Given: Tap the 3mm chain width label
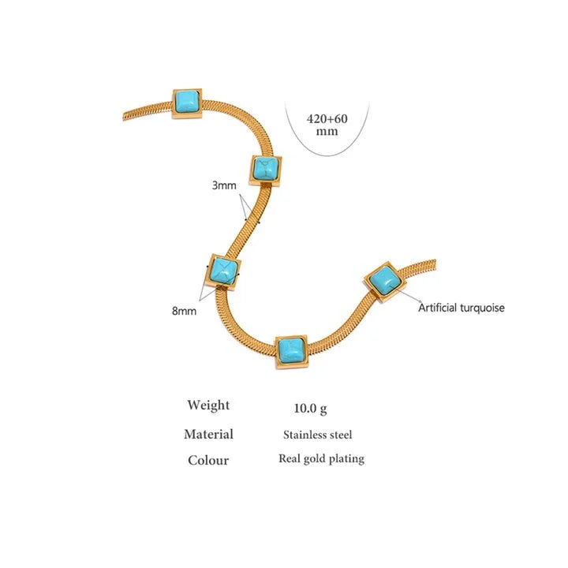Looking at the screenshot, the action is [x=224, y=185].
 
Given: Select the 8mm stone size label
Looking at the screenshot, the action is [x=184, y=311].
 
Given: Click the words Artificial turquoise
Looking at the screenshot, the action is [x=461, y=308].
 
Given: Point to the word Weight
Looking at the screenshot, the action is [x=208, y=405].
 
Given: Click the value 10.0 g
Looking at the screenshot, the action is [x=310, y=409].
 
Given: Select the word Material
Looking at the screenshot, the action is [x=208, y=434].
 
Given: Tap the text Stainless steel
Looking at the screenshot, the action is [x=317, y=435].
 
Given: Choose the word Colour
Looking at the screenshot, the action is [x=208, y=460].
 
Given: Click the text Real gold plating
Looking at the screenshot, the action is [x=321, y=458].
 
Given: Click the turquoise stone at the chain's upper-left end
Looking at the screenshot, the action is [x=187, y=103].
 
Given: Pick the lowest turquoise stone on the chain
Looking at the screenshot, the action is [x=292, y=350].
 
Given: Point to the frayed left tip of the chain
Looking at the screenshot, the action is [x=125, y=117].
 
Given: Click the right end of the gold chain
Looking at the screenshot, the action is [x=435, y=266].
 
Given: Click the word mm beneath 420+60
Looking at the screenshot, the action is [x=327, y=131].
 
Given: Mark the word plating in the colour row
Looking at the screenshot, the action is [x=347, y=459].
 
